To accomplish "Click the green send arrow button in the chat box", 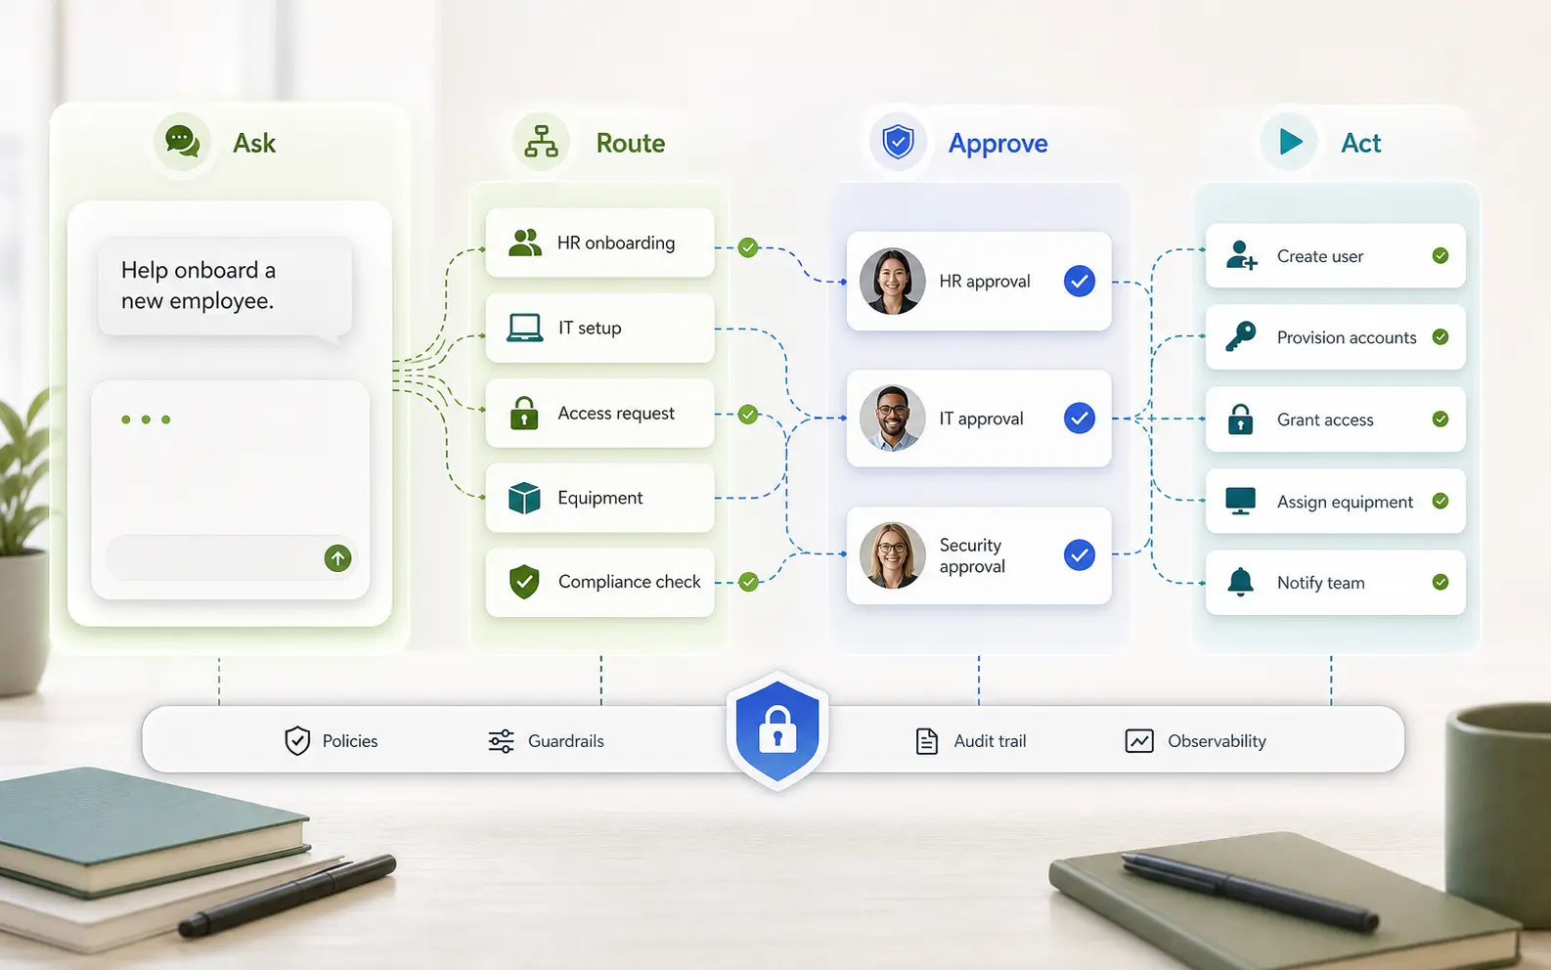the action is tap(338, 558).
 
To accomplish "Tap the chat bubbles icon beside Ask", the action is tap(182, 142).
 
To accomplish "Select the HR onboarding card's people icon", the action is tap(525, 242).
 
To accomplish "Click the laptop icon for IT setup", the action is tap(525, 328).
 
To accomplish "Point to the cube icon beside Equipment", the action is tap(524, 498).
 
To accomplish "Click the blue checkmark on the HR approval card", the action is tap(1079, 281).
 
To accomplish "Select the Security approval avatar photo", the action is tap(893, 555).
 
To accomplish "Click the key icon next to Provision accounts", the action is tap(1240, 336).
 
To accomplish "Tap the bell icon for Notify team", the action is tap(1240, 582).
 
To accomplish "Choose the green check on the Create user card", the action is tap(1440, 255).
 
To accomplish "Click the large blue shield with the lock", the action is tap(777, 731).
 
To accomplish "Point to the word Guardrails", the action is tap(565, 741).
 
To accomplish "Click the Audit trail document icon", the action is tap(926, 741).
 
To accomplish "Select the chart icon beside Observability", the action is tap(1139, 741).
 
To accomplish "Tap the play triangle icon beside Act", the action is tap(1291, 142).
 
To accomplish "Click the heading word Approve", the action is tap(997, 144).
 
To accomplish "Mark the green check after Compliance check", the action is tap(748, 582).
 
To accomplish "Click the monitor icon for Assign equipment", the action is tap(1240, 501).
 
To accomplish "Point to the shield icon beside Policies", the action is tap(297, 741).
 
